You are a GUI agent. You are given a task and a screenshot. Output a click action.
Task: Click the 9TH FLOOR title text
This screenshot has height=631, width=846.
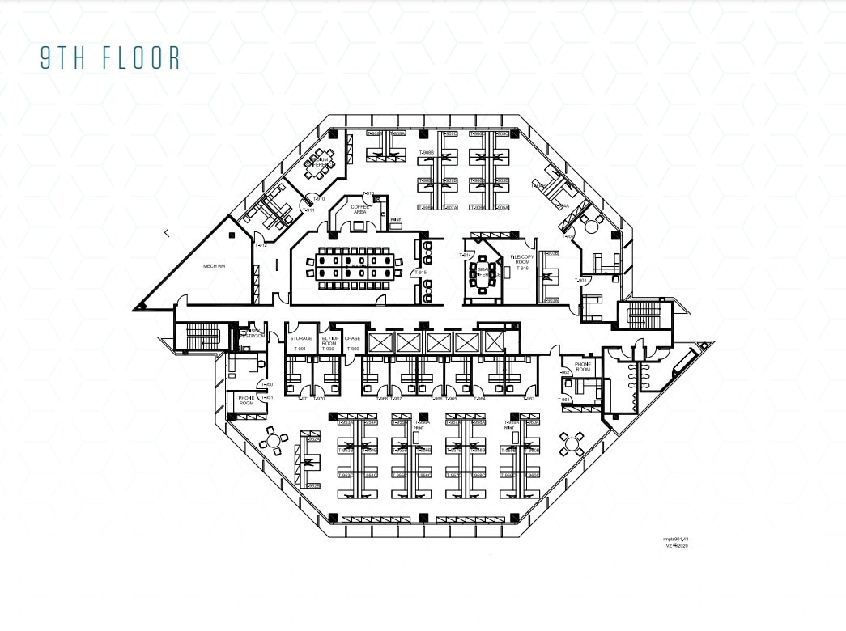pos(111,58)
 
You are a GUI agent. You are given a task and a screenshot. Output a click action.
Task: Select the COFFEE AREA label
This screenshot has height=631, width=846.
pos(359,209)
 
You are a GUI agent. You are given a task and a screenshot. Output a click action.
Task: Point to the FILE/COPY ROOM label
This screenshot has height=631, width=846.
pos(519,260)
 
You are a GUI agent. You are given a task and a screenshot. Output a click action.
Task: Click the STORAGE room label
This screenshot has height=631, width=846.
pos(300,338)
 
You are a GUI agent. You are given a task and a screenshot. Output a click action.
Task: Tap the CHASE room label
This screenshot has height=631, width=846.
pos(352,338)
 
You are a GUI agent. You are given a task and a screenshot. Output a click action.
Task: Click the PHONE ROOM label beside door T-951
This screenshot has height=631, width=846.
pos(246,400)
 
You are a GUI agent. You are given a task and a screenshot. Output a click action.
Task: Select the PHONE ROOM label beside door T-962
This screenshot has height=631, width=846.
pos(583,366)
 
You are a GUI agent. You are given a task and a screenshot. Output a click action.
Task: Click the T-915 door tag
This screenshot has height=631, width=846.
pos(420,273)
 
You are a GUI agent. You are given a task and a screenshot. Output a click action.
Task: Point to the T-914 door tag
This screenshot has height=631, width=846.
pos(466,255)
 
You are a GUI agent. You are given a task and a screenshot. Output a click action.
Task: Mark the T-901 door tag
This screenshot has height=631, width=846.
pos(581,280)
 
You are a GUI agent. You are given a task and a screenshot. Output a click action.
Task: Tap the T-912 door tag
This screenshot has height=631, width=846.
pos(260,245)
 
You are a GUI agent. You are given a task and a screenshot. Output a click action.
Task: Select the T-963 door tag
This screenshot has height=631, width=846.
pos(529,399)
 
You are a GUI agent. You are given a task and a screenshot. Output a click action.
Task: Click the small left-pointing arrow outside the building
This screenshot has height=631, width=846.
pos(167,233)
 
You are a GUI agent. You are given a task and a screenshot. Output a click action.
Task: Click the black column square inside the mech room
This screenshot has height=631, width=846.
pos(232,235)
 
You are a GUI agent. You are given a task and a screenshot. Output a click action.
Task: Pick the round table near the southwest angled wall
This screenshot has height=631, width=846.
pos(274,441)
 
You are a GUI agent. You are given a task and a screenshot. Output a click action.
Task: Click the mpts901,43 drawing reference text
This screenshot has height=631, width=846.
pos(675,538)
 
